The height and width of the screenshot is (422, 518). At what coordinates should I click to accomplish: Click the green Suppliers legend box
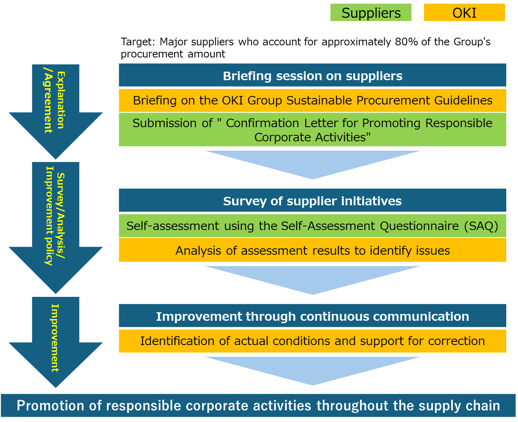click(x=371, y=13)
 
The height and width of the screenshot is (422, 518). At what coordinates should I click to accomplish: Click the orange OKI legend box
click(x=464, y=13)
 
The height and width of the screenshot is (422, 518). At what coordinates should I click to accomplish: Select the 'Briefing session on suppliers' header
click(x=312, y=76)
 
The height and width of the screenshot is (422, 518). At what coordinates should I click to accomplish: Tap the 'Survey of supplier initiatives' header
click(x=312, y=201)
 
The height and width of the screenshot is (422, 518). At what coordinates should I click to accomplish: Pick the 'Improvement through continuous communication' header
click(x=312, y=316)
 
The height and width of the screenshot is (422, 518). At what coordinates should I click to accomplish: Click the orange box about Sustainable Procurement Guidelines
click(x=312, y=100)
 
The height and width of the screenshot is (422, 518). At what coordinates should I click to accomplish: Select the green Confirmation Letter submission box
click(x=312, y=130)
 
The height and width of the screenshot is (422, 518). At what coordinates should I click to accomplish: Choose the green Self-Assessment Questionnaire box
click(x=312, y=226)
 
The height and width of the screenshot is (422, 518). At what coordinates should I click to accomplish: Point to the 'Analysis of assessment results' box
click(x=312, y=251)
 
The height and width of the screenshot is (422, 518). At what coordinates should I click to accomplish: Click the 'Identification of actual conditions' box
click(x=312, y=341)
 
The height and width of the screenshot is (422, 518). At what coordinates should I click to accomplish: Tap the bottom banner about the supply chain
click(x=258, y=405)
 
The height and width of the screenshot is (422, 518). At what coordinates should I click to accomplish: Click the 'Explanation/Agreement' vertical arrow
click(x=55, y=109)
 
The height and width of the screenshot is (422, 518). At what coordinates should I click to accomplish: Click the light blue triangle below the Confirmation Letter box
click(x=312, y=162)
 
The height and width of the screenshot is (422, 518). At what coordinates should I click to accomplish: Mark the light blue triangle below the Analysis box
click(x=312, y=278)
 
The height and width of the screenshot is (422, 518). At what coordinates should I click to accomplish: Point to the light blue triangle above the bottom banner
click(x=312, y=369)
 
